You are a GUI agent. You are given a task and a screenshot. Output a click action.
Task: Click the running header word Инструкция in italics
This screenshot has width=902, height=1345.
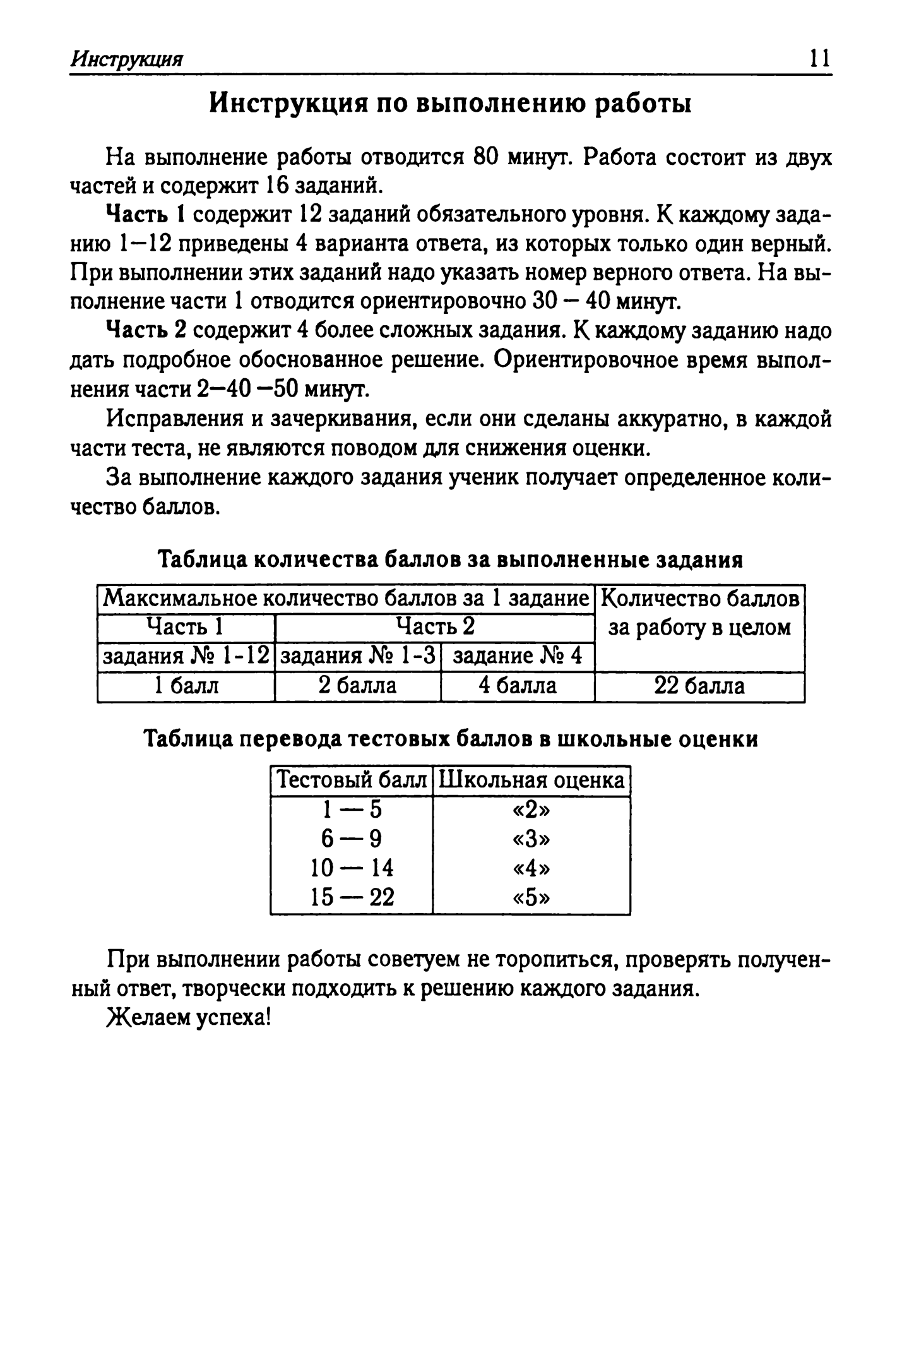point(126,59)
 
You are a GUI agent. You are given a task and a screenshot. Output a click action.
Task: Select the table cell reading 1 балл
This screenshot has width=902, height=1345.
point(186,686)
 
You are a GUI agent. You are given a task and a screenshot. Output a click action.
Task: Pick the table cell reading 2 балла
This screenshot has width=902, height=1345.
point(357,686)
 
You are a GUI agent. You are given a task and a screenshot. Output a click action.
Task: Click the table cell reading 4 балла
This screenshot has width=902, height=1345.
point(518,686)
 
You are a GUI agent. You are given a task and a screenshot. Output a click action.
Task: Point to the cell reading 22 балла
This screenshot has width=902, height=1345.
point(699,686)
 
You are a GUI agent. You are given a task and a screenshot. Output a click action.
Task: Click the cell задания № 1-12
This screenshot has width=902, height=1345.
point(186,656)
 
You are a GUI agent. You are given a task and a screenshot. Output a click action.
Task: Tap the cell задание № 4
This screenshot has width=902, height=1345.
point(518,656)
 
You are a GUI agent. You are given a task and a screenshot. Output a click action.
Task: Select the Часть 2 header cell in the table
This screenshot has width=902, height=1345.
point(435,626)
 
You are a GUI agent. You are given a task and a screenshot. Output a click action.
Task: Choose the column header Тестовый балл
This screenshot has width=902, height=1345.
point(352,780)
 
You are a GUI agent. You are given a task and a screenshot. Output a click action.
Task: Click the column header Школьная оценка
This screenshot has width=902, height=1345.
point(531,780)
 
